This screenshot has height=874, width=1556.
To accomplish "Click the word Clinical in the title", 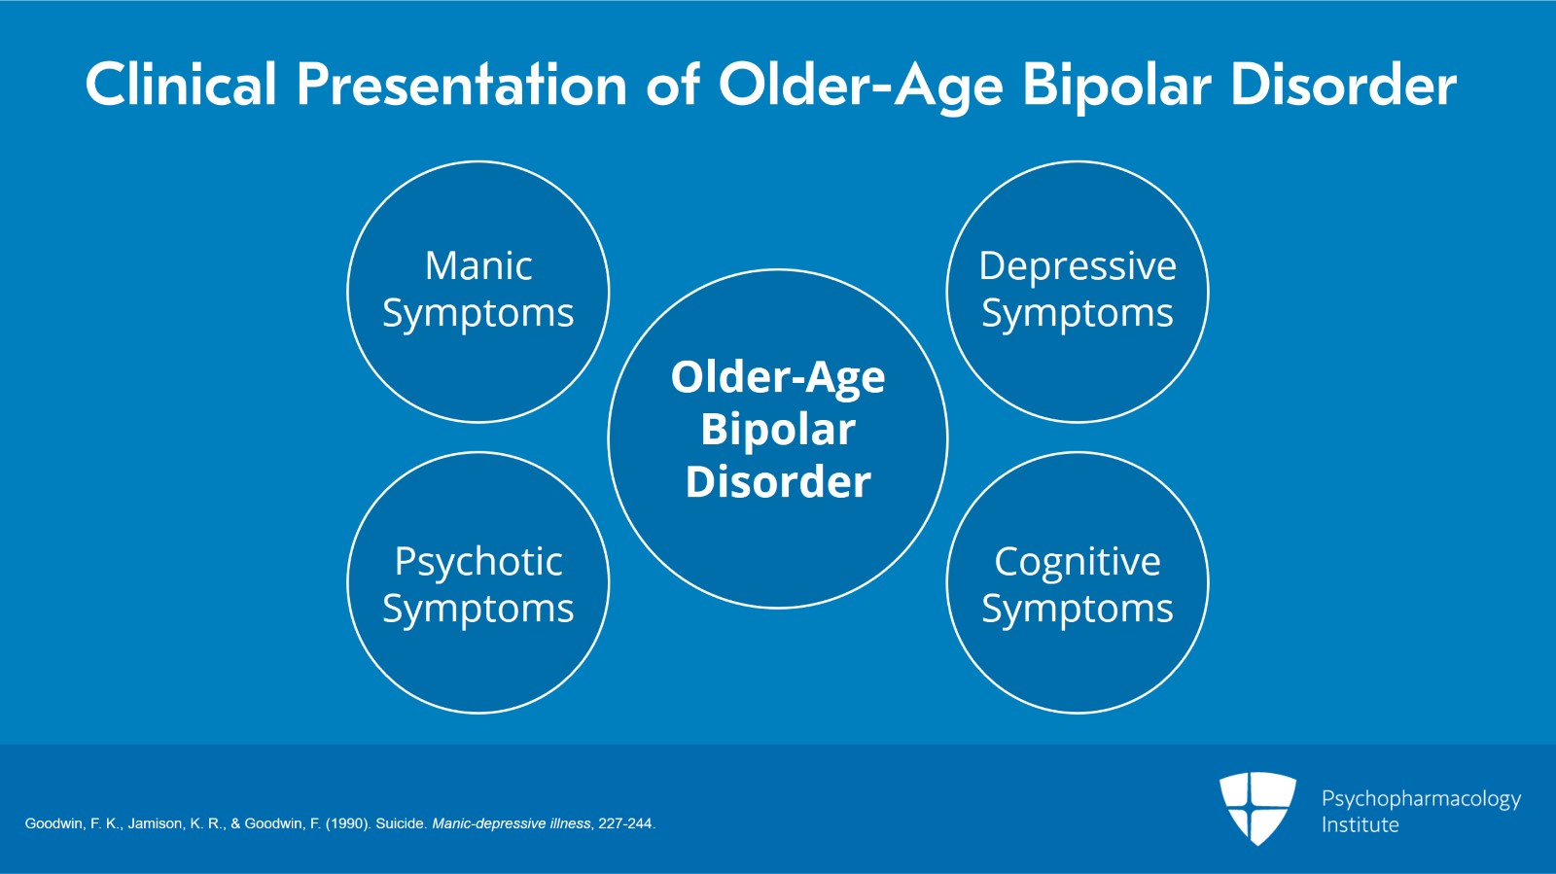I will click(x=182, y=84).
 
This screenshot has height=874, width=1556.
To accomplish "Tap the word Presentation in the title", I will click(x=462, y=84).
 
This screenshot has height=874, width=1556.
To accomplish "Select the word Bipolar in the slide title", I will click(x=1116, y=84).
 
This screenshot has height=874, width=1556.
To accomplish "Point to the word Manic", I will click(x=478, y=265).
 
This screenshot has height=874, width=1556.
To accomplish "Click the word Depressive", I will click(x=1078, y=265).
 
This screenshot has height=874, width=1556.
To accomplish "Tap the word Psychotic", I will click(x=478, y=561).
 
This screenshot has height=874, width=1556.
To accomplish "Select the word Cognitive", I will click(x=1078, y=561).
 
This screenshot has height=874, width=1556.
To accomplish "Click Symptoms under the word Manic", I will click(x=478, y=314).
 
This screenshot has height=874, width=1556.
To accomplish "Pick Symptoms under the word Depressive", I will click(x=1078, y=314).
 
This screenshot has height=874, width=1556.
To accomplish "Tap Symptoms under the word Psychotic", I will click(x=478, y=610).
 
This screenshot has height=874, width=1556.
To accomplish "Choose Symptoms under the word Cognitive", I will click(x=1078, y=610).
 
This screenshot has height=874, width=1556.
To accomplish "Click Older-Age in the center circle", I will click(x=778, y=377).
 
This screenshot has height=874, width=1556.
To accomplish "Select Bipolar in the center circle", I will click(x=778, y=430).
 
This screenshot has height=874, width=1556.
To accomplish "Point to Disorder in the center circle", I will click(x=778, y=481).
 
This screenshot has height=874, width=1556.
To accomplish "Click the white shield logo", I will click(x=1257, y=807).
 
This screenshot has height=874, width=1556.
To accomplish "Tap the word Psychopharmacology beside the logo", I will click(x=1421, y=799).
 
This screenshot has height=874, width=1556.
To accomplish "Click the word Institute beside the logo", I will click(x=1360, y=824).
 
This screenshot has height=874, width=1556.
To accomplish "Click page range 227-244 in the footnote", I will click(x=625, y=823).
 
